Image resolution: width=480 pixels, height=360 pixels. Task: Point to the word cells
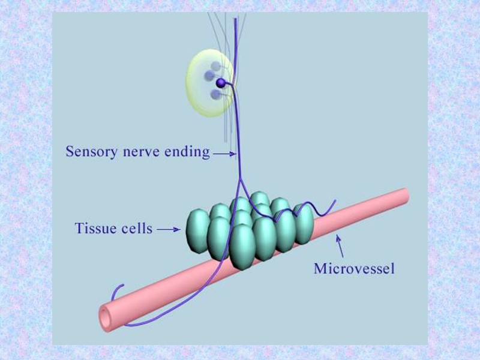[136, 229]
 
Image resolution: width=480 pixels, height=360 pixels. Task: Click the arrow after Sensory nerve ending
[225, 154]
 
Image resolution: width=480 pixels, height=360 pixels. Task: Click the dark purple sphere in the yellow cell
[221, 82]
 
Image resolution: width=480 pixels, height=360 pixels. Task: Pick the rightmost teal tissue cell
[304, 224]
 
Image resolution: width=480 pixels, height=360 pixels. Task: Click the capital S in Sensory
[70, 151]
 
